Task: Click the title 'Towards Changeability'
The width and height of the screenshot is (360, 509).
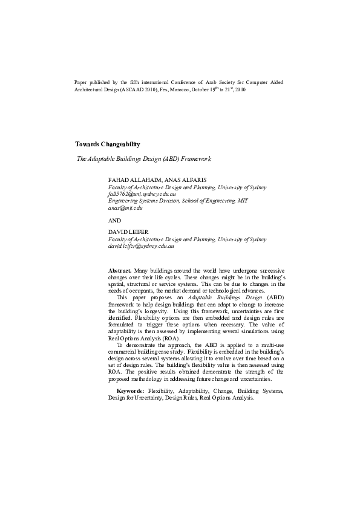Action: [108, 144]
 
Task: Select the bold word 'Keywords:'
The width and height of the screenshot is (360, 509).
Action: [130, 392]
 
